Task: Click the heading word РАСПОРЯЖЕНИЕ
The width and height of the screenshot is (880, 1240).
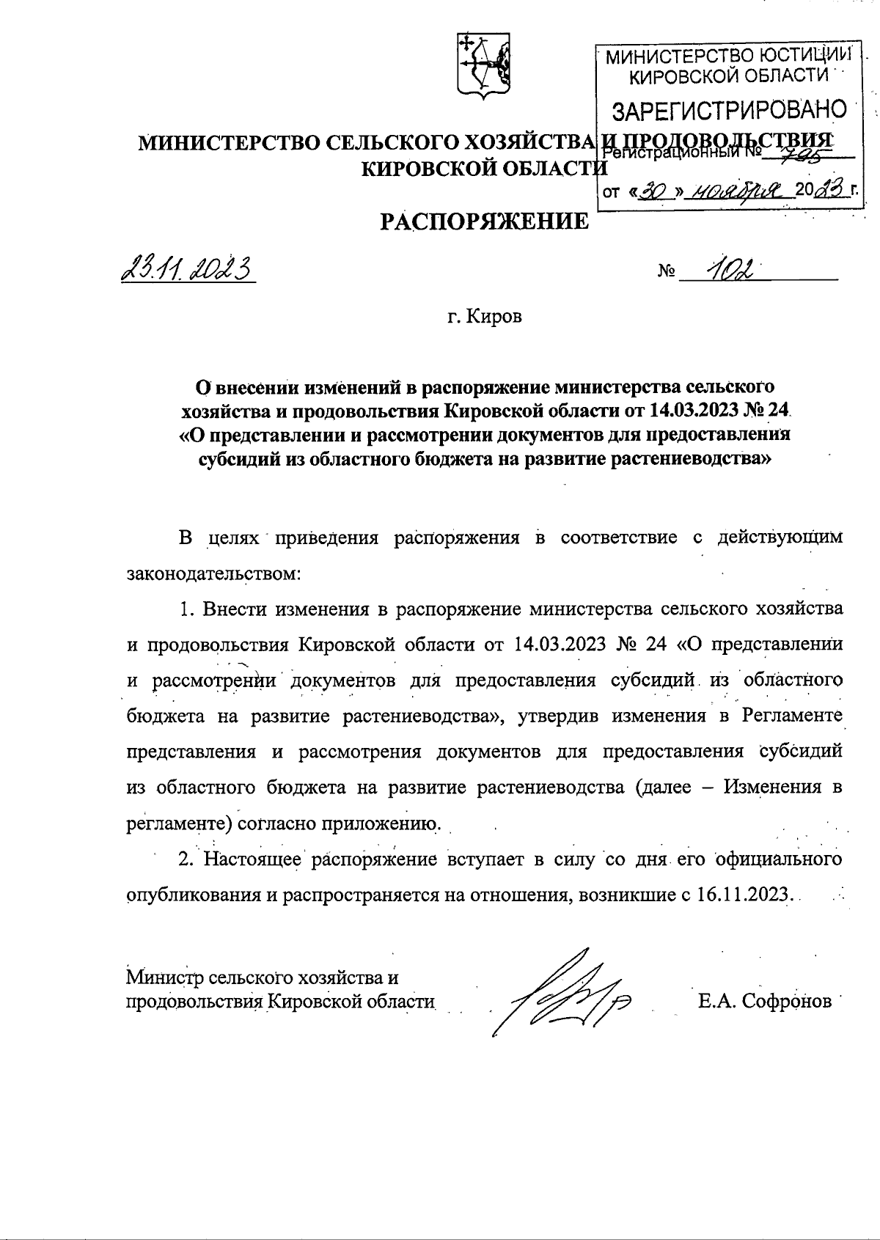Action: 485,221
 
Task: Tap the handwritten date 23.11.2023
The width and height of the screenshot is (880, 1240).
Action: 186,271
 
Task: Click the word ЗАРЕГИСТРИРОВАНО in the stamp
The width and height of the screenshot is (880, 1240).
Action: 729,111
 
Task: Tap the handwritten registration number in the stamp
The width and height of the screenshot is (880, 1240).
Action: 808,152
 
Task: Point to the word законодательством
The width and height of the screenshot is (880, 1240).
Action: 213,573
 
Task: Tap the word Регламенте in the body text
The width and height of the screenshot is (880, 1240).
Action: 792,716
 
